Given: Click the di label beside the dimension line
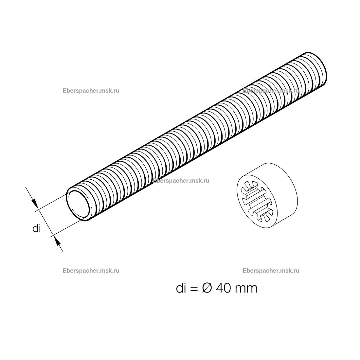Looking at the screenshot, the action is click(37, 228).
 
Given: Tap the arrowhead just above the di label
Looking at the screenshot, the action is click(34, 203).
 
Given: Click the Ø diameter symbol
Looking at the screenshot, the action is click(207, 288).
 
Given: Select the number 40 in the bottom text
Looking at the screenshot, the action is click(223, 288).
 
